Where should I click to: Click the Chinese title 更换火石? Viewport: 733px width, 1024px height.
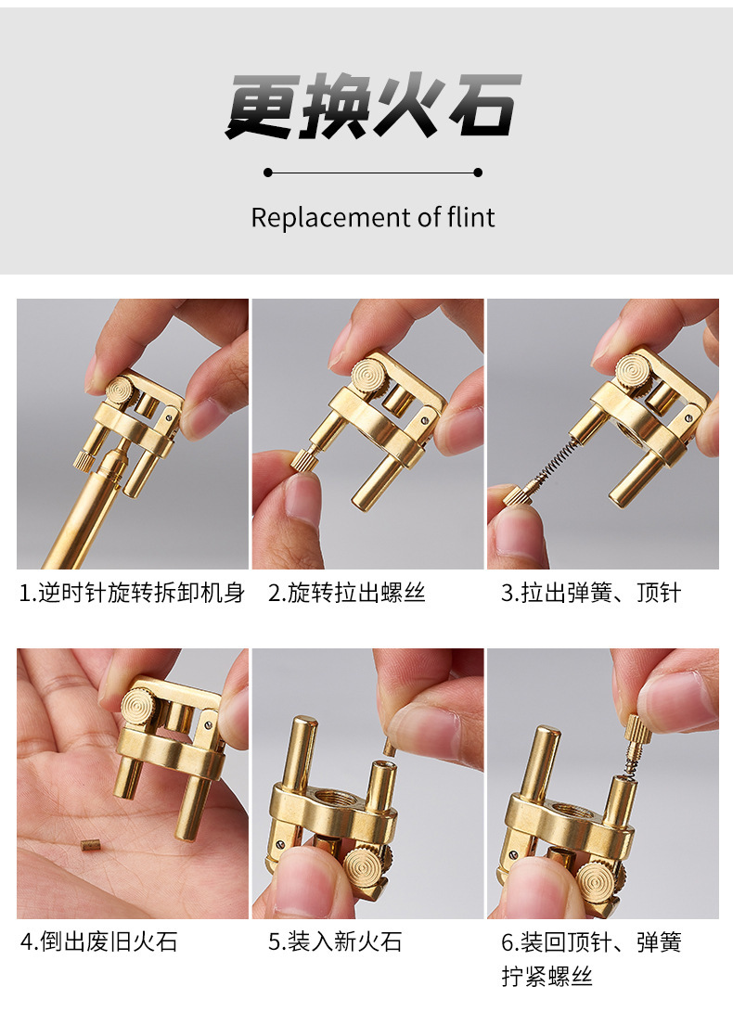click(373, 107)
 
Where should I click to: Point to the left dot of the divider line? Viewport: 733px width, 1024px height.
click(268, 173)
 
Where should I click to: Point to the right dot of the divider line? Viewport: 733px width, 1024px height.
click(478, 173)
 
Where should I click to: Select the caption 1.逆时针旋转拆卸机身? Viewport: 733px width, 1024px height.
click(132, 593)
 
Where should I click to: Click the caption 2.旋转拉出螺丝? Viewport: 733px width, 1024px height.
click(347, 593)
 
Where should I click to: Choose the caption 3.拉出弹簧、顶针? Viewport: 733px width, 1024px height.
click(591, 593)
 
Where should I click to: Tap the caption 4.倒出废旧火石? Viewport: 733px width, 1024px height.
click(98, 941)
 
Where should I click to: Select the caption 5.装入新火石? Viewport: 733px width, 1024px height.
click(334, 941)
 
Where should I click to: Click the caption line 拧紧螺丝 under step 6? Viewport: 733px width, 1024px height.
click(547, 977)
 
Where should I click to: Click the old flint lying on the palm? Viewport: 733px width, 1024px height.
click(89, 846)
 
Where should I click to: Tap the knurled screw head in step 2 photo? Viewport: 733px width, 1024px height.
click(303, 460)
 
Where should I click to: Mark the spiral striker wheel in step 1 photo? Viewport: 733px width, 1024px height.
click(120, 390)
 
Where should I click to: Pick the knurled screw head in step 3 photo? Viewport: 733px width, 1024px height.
click(516, 496)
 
